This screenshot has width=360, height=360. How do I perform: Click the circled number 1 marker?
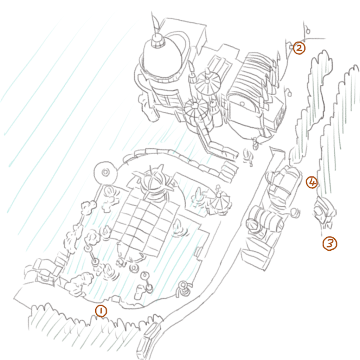pos(101,311)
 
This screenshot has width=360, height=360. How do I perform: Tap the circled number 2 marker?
pos(299,48)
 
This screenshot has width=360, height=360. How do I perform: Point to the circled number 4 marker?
pos(312,182)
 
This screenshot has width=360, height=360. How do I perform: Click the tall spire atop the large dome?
pos(156,26)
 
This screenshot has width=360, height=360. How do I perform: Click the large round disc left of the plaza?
pos(105,173)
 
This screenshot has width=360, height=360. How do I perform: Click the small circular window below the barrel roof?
pos(242,104)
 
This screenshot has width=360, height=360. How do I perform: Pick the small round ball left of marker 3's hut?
pos(295,212)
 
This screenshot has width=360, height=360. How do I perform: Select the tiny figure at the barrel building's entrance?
pos(255,144)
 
